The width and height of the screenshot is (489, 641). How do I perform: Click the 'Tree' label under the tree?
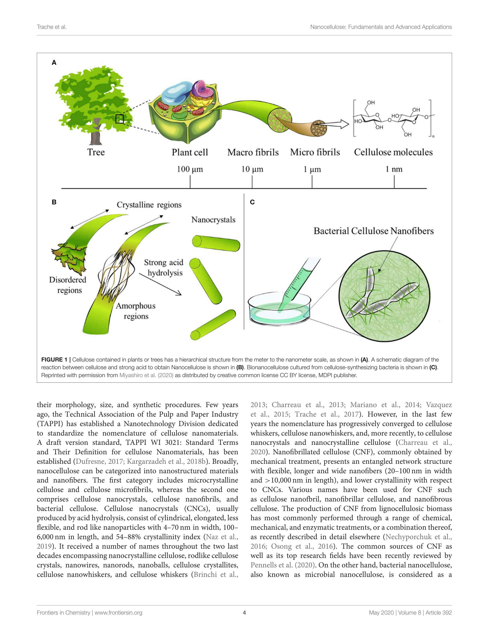[96, 152]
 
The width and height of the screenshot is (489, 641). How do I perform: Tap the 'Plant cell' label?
[190, 152]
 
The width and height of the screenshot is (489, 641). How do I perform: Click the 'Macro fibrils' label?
[253, 152]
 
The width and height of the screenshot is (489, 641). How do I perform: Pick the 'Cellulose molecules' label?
[393, 152]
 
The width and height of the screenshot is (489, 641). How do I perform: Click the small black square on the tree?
[119, 119]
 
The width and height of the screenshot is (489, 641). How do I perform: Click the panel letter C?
[252, 202]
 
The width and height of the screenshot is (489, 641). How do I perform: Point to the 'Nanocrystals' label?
[213, 220]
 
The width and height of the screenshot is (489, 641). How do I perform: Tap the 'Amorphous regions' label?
[136, 311]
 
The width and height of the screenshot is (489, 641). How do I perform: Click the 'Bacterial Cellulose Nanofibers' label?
[374, 231]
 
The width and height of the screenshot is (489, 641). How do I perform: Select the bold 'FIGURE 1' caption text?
[54, 360]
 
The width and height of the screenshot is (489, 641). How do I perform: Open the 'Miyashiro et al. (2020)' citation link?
[146, 375]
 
